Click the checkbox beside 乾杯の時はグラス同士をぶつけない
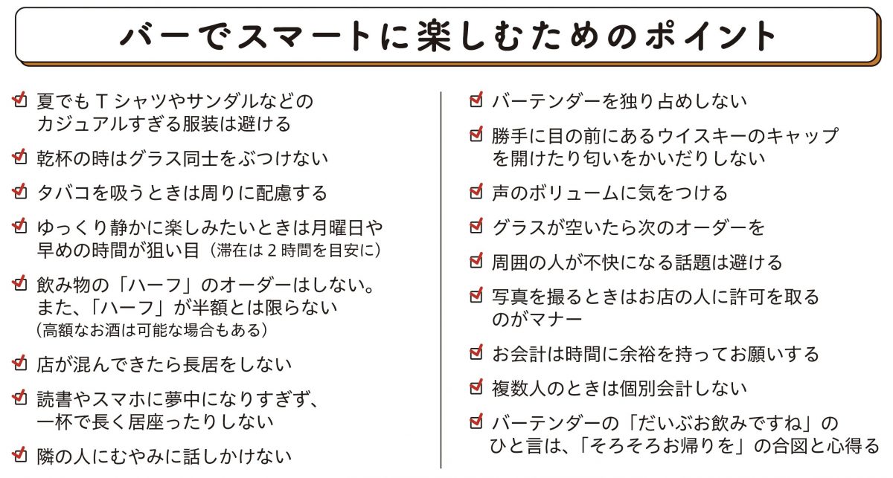19,157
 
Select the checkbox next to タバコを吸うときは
19,191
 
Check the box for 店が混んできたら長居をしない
19,363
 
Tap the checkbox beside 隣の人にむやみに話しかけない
19,455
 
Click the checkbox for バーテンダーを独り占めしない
476,100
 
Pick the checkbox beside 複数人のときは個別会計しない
476,387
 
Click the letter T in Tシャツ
103,102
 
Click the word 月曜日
337,227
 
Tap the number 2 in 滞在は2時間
272,251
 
